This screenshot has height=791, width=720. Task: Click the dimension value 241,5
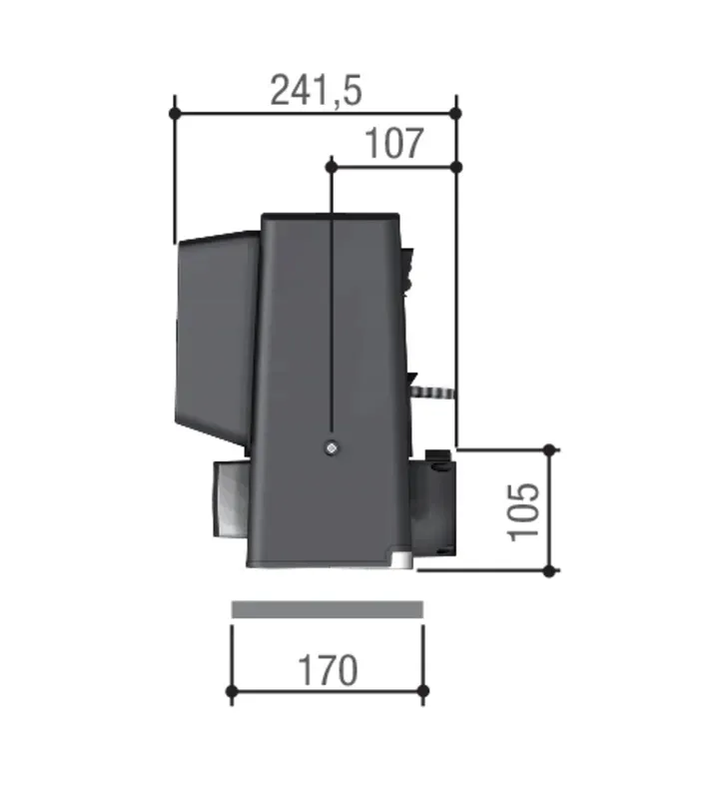click(x=316, y=91)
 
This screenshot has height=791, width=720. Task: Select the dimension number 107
click(x=392, y=144)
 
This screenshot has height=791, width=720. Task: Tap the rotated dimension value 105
click(x=524, y=511)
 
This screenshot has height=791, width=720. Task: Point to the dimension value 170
click(x=328, y=671)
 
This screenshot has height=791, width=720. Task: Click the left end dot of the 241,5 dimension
click(x=175, y=114)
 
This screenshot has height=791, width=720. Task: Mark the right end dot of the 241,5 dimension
click(x=456, y=114)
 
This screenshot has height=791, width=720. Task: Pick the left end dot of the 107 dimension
click(x=331, y=165)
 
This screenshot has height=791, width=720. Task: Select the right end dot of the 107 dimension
click(x=456, y=165)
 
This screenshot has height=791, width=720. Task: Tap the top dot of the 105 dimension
click(x=549, y=449)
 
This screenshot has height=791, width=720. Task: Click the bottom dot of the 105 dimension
click(x=549, y=570)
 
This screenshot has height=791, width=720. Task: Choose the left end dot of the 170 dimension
click(x=232, y=691)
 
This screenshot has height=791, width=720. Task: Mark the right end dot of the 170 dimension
click(x=422, y=691)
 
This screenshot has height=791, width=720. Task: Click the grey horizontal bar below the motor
click(x=327, y=609)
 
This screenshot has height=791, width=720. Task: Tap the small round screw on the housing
click(x=331, y=449)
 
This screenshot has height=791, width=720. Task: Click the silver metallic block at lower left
click(x=228, y=501)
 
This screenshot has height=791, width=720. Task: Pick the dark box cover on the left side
click(x=216, y=340)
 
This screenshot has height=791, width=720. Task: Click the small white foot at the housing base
click(x=400, y=561)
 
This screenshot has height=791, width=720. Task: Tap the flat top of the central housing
click(x=330, y=217)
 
